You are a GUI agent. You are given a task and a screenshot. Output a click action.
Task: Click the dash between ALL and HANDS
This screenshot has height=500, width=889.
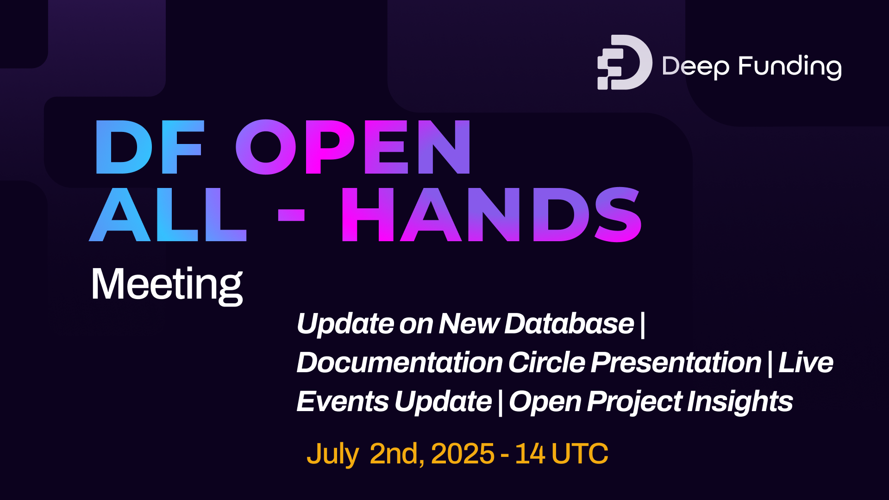[291, 215]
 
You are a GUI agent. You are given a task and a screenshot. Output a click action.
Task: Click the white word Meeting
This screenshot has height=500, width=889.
[167, 284]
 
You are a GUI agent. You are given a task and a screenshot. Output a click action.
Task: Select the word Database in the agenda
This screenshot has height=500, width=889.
[569, 323]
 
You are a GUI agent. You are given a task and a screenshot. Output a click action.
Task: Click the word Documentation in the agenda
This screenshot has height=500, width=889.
[400, 362]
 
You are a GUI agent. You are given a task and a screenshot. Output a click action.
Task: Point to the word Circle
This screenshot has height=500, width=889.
[547, 362]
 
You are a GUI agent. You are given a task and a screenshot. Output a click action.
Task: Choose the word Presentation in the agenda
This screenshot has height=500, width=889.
[676, 362]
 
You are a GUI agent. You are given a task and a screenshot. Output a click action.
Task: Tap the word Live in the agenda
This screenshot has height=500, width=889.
[806, 362]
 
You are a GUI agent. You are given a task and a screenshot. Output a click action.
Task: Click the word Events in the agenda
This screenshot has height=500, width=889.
[342, 401]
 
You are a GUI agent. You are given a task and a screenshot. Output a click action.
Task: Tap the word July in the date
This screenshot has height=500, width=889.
[332, 454]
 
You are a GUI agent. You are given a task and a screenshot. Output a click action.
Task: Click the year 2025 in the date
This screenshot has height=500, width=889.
[463, 454]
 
